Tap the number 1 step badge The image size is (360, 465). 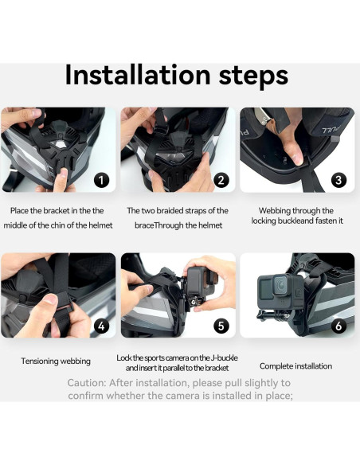[x=101, y=180]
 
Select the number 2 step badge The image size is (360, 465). [x=221, y=180]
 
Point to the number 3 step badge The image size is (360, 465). [x=339, y=180]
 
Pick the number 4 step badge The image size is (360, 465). [x=101, y=326]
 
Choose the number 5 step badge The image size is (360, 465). [x=221, y=326]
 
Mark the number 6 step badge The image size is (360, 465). [x=339, y=326]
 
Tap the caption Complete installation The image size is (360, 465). [x=295, y=366]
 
